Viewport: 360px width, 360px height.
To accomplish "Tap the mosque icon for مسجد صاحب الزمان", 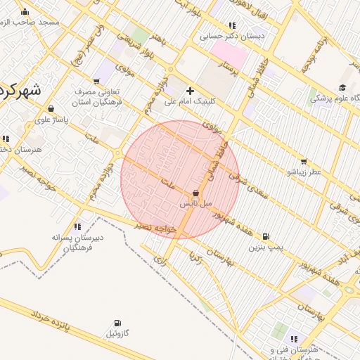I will [25, 11].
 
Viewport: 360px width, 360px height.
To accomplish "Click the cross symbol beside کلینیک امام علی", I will [190, 91].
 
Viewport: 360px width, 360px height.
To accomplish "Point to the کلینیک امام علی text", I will [190, 102].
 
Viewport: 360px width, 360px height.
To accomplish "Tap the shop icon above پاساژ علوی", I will [51, 108].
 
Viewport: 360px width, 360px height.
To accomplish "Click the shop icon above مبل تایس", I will [195, 193].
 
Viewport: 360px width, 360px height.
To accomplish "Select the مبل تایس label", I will [195, 203].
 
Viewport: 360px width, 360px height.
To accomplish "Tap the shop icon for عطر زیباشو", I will [304, 161].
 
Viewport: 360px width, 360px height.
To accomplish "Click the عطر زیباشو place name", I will [304, 172].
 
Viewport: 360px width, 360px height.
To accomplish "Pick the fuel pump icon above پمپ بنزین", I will [266, 237].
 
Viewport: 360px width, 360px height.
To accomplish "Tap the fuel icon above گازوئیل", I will [117, 323].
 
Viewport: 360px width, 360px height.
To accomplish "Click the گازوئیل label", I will [117, 333].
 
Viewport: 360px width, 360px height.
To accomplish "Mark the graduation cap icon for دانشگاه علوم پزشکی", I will [342, 88].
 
